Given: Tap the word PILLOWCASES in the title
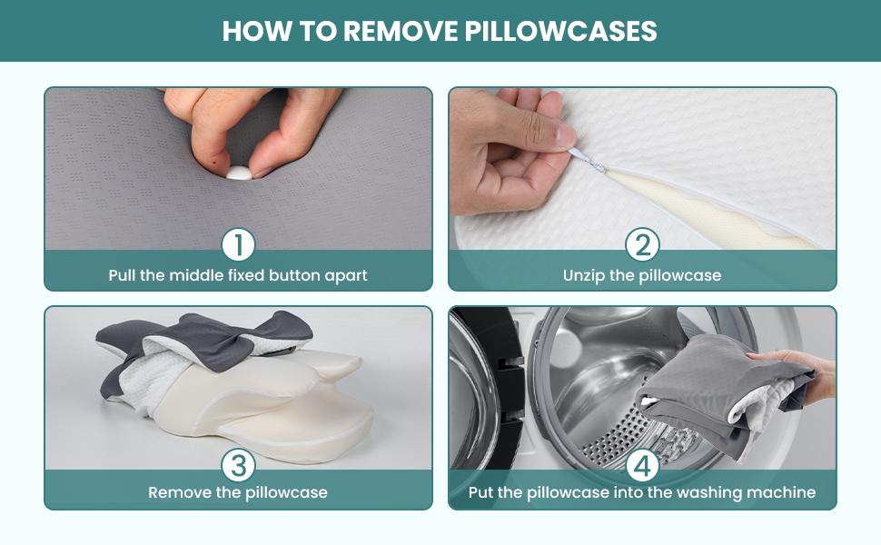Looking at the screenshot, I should tap(560, 31).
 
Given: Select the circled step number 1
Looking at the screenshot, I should tap(238, 244).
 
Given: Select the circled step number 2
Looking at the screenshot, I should tap(642, 244).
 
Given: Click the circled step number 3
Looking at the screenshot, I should tap(238, 466).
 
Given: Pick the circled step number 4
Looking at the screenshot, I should tap(642, 466).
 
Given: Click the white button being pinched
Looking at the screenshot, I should tap(238, 173).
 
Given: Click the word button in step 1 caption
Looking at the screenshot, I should tap(297, 275).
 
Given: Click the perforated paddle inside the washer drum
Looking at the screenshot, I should tap(627, 436).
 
